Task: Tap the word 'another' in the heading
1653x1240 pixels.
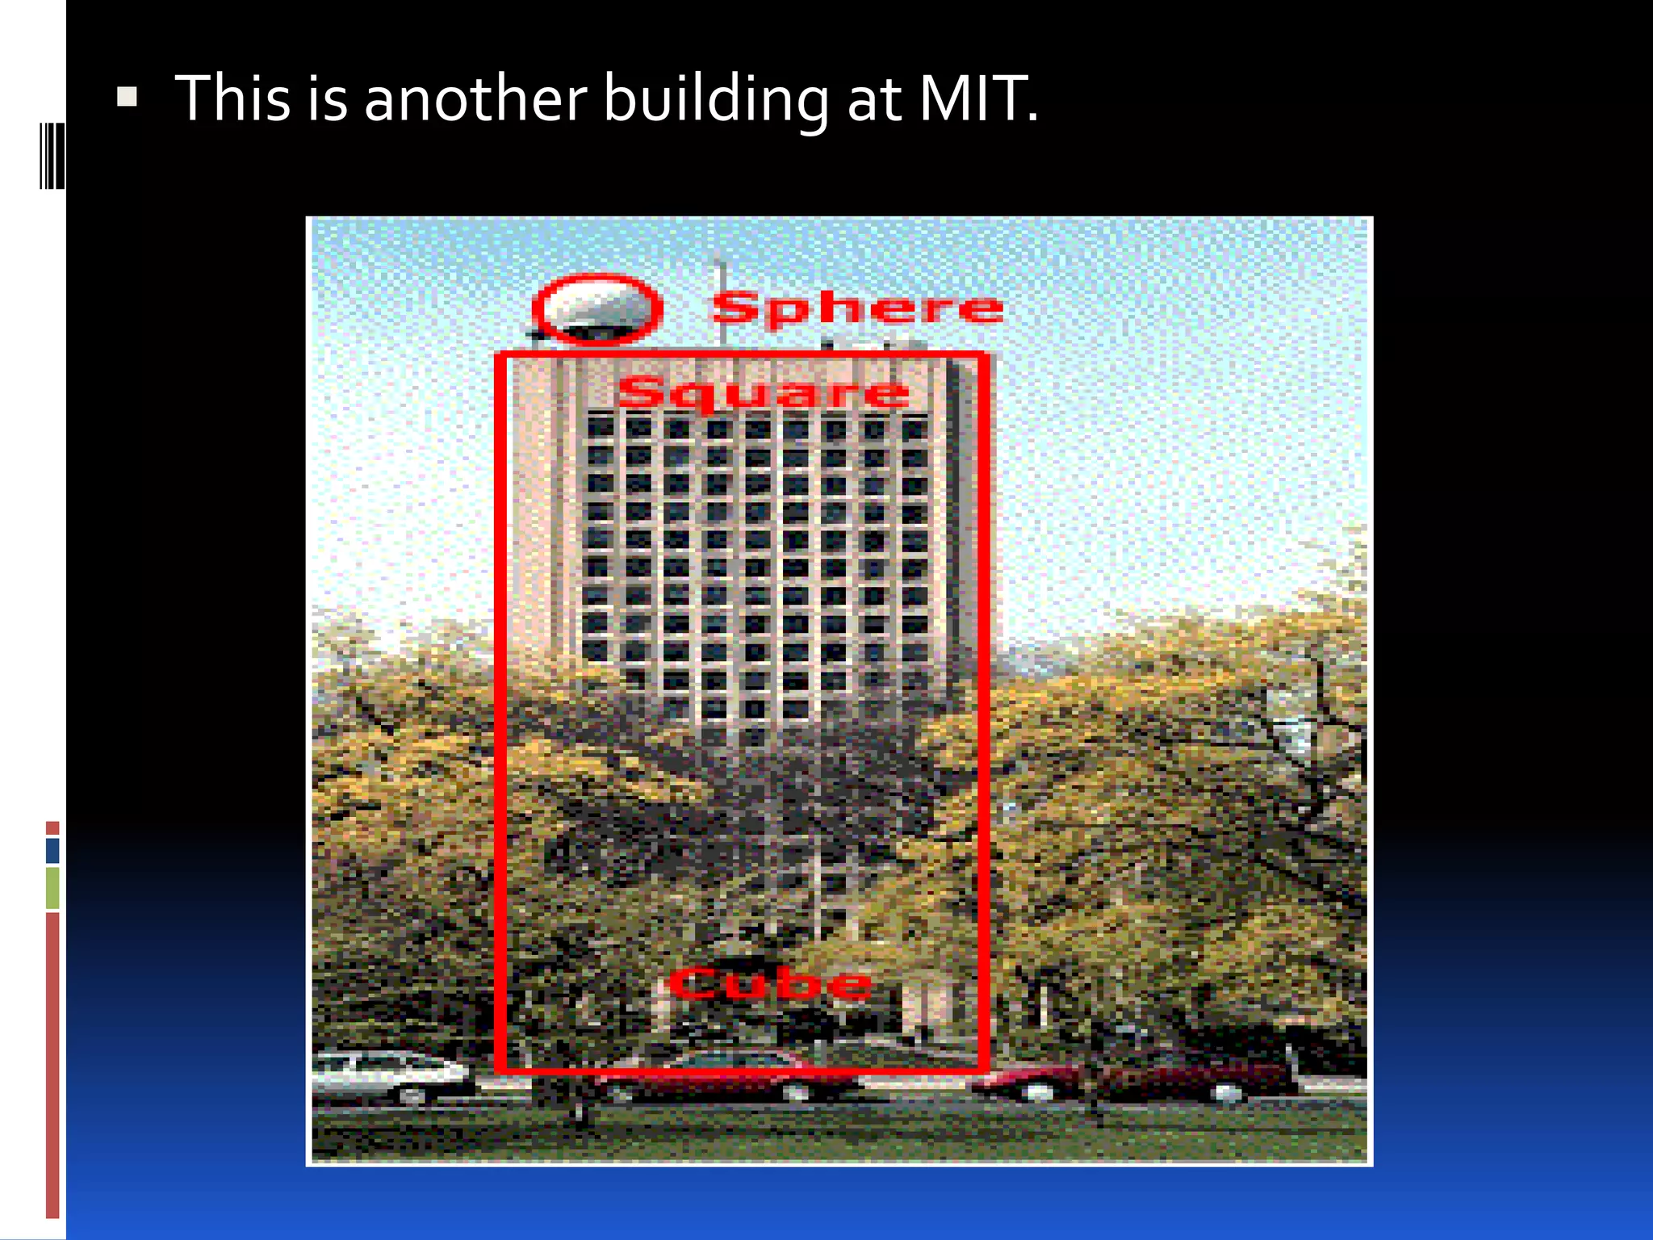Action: [475, 98]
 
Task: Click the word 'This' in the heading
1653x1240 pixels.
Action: [232, 98]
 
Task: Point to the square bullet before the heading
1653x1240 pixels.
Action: [127, 98]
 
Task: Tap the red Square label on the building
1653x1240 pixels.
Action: [763, 393]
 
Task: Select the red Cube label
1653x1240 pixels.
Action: [771, 983]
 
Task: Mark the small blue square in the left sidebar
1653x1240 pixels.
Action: [52, 850]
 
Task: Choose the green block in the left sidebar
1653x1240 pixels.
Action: [52, 887]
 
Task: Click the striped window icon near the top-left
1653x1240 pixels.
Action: [52, 156]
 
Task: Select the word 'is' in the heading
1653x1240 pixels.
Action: [328, 98]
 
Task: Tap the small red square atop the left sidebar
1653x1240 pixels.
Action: [52, 827]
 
